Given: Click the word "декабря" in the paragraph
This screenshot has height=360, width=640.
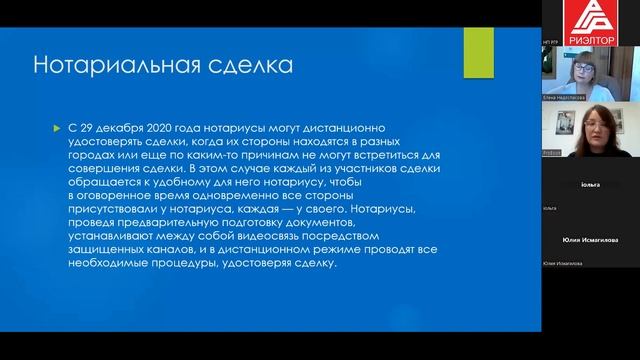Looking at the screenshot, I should (126, 130).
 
